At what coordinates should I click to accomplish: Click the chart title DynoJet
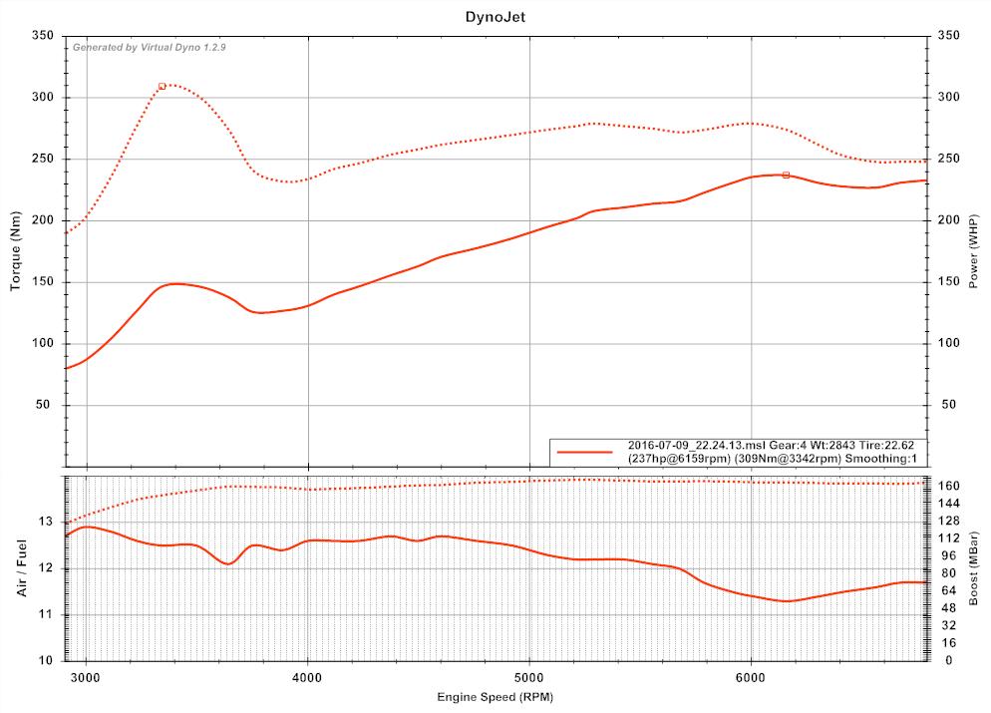point(495,17)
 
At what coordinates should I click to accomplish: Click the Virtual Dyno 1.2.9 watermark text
point(150,47)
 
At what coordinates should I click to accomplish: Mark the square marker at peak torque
point(162,86)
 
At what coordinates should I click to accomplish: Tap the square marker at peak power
point(786,176)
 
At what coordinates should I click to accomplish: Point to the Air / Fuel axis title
point(20,568)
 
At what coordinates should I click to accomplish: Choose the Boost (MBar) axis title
point(975,568)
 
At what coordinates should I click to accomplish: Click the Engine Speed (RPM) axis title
point(495,697)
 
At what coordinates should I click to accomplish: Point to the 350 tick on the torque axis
point(44,36)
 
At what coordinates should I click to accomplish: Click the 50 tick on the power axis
point(947,405)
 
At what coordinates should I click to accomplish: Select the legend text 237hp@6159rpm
point(678,458)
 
